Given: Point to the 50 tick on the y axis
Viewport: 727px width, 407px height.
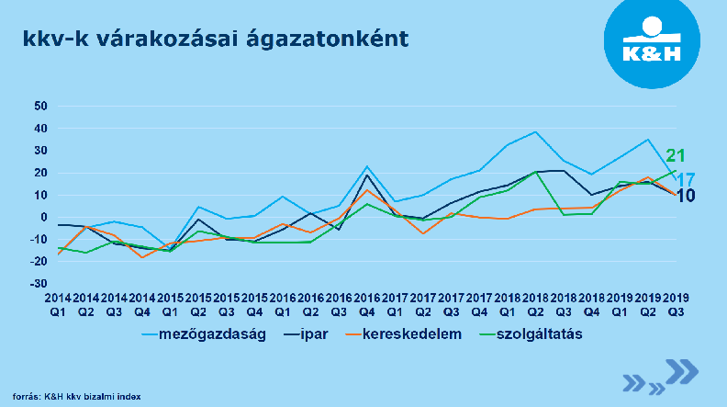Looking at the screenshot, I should pos(39,106).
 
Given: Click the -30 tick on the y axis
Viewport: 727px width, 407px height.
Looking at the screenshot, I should pos(38,284).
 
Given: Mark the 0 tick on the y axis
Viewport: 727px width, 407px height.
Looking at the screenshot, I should pos(42,218).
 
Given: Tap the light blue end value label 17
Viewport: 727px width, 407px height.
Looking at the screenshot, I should pos(685,180).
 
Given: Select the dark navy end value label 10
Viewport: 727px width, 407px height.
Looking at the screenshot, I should pos(685,196).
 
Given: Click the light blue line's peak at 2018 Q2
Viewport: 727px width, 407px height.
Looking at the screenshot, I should pos(535,131).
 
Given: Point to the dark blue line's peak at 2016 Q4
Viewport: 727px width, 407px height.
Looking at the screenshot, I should pos(367,175).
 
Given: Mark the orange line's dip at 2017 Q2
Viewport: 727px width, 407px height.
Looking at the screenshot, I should pos(423,233).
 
